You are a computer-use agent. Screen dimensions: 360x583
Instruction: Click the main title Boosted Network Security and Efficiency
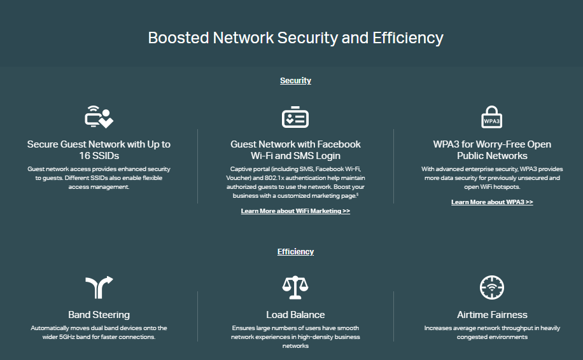point(295,38)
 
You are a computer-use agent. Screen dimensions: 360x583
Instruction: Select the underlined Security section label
point(295,81)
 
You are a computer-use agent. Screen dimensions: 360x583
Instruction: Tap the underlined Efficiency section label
point(295,252)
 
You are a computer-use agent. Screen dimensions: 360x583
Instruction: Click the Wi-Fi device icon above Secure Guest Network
point(99,117)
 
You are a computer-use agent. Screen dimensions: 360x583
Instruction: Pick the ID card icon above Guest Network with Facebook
point(295,118)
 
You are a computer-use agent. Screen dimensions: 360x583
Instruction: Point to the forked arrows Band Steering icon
point(99,287)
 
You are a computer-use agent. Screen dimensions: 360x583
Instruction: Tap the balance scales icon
point(295,287)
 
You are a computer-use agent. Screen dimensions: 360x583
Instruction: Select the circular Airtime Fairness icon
point(492,287)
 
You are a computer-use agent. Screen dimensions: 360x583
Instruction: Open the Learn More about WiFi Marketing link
point(295,211)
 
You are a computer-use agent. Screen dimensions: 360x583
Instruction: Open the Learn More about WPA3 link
point(492,202)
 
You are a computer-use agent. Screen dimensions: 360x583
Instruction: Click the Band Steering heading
point(99,315)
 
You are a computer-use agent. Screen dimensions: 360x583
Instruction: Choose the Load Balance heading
point(295,315)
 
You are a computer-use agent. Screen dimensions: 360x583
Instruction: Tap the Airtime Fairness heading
point(492,315)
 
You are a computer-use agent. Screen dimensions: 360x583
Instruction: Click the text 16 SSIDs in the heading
point(99,156)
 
